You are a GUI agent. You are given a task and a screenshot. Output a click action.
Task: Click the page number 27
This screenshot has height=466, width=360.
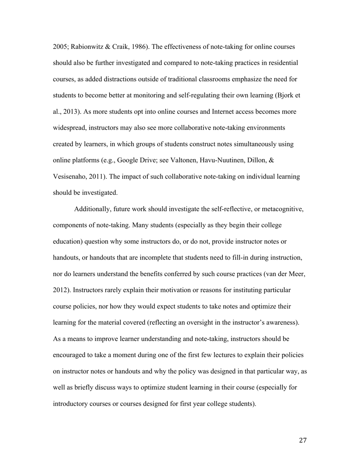pyautogui.click(x=302, y=440)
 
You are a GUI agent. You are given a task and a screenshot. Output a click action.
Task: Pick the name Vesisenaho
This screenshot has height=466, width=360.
pyautogui.click(x=70, y=177)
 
